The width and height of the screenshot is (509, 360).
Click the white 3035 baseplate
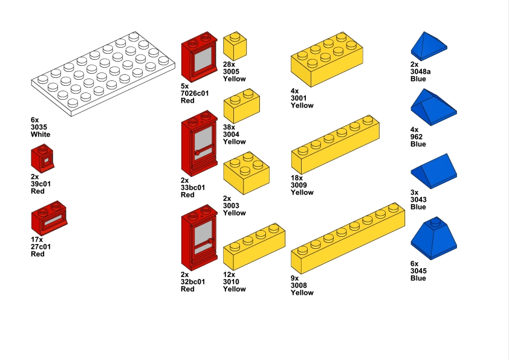103,74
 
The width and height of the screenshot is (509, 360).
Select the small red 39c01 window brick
42,159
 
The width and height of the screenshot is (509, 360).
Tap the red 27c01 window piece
49,218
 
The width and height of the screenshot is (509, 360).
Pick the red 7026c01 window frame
199,57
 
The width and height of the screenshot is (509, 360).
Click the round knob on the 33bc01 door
197,153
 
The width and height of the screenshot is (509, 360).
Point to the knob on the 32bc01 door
210,241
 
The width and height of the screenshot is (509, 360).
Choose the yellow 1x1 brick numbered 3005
235,46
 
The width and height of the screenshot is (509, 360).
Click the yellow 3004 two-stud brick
242,106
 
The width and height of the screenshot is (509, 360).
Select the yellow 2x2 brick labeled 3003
247,173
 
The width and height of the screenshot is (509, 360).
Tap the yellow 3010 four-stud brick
254,246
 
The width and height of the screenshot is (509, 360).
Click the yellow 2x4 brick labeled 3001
327,59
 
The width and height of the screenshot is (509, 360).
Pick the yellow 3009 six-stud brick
336,144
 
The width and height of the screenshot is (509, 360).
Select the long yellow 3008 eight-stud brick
348,239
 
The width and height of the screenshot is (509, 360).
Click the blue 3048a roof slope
429,46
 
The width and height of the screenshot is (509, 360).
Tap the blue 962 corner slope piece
433,107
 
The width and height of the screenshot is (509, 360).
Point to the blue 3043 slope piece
433,171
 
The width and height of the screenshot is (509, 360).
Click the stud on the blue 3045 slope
436,222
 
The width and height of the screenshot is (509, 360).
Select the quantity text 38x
229,127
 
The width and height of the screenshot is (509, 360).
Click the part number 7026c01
195,94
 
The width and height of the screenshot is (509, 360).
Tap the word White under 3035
41,134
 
